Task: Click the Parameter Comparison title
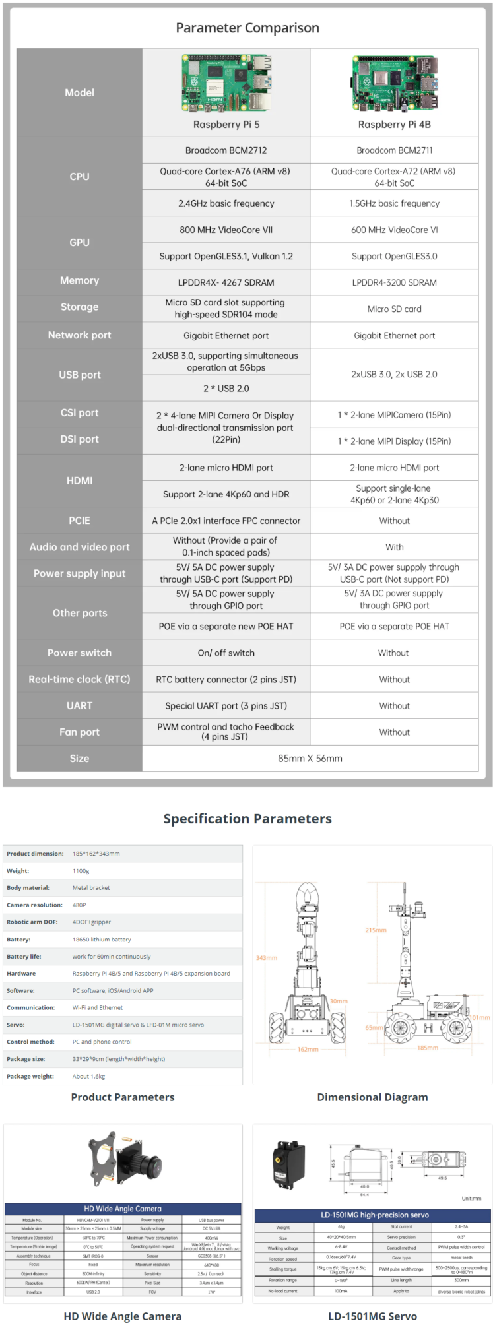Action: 247,28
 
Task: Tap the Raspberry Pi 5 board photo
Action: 226,83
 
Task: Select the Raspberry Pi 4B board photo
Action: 395,83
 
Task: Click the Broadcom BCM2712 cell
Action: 226,150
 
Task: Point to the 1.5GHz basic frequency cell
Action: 395,203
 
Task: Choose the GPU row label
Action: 80,243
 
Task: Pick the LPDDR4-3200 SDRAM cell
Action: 395,282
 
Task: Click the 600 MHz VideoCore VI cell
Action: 395,230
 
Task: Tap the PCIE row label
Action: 80,521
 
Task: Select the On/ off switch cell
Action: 226,653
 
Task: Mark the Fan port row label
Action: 80,732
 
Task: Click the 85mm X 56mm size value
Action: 310,759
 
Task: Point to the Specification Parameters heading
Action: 247,819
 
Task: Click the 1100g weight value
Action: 81,871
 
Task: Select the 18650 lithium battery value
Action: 102,940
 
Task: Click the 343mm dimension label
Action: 267,957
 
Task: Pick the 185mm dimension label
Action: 428,1048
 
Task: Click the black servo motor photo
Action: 289,1166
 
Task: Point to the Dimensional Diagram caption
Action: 372,1097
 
